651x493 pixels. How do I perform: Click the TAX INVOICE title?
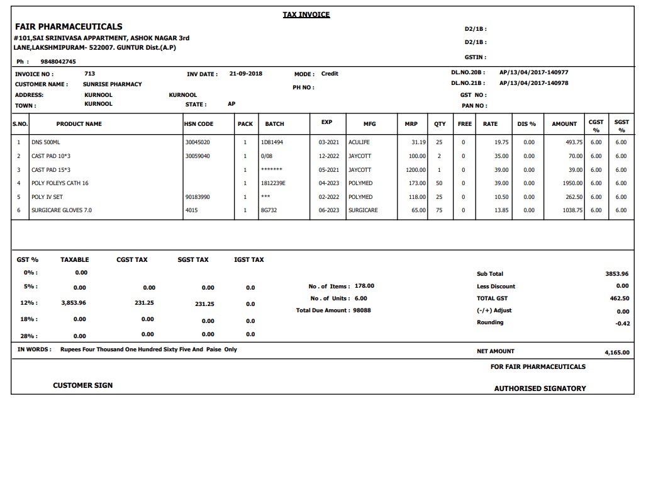coord(306,14)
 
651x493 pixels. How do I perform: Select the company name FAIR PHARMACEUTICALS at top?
coord(69,26)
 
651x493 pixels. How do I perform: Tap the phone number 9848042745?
coord(58,62)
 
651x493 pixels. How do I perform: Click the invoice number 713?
coord(89,74)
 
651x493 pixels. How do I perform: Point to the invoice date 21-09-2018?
coord(246,74)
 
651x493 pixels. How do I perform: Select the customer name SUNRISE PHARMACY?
coord(113,84)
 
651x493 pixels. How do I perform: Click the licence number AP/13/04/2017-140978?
coord(533,83)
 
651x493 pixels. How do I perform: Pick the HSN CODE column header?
coord(199,124)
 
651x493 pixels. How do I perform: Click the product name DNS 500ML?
coord(46,142)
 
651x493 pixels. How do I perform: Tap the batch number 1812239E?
coord(273,183)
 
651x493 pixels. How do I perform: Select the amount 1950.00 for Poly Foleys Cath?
coord(572,183)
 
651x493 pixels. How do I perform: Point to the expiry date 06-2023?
coord(329,210)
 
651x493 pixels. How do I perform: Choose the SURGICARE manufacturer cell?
coord(363,210)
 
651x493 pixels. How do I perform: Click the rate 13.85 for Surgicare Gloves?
coord(501,210)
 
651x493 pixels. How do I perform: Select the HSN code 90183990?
coord(198,197)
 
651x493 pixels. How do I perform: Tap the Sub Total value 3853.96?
coord(616,274)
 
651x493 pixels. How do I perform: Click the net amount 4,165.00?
coord(616,353)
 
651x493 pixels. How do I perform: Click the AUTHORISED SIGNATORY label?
coord(540,388)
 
